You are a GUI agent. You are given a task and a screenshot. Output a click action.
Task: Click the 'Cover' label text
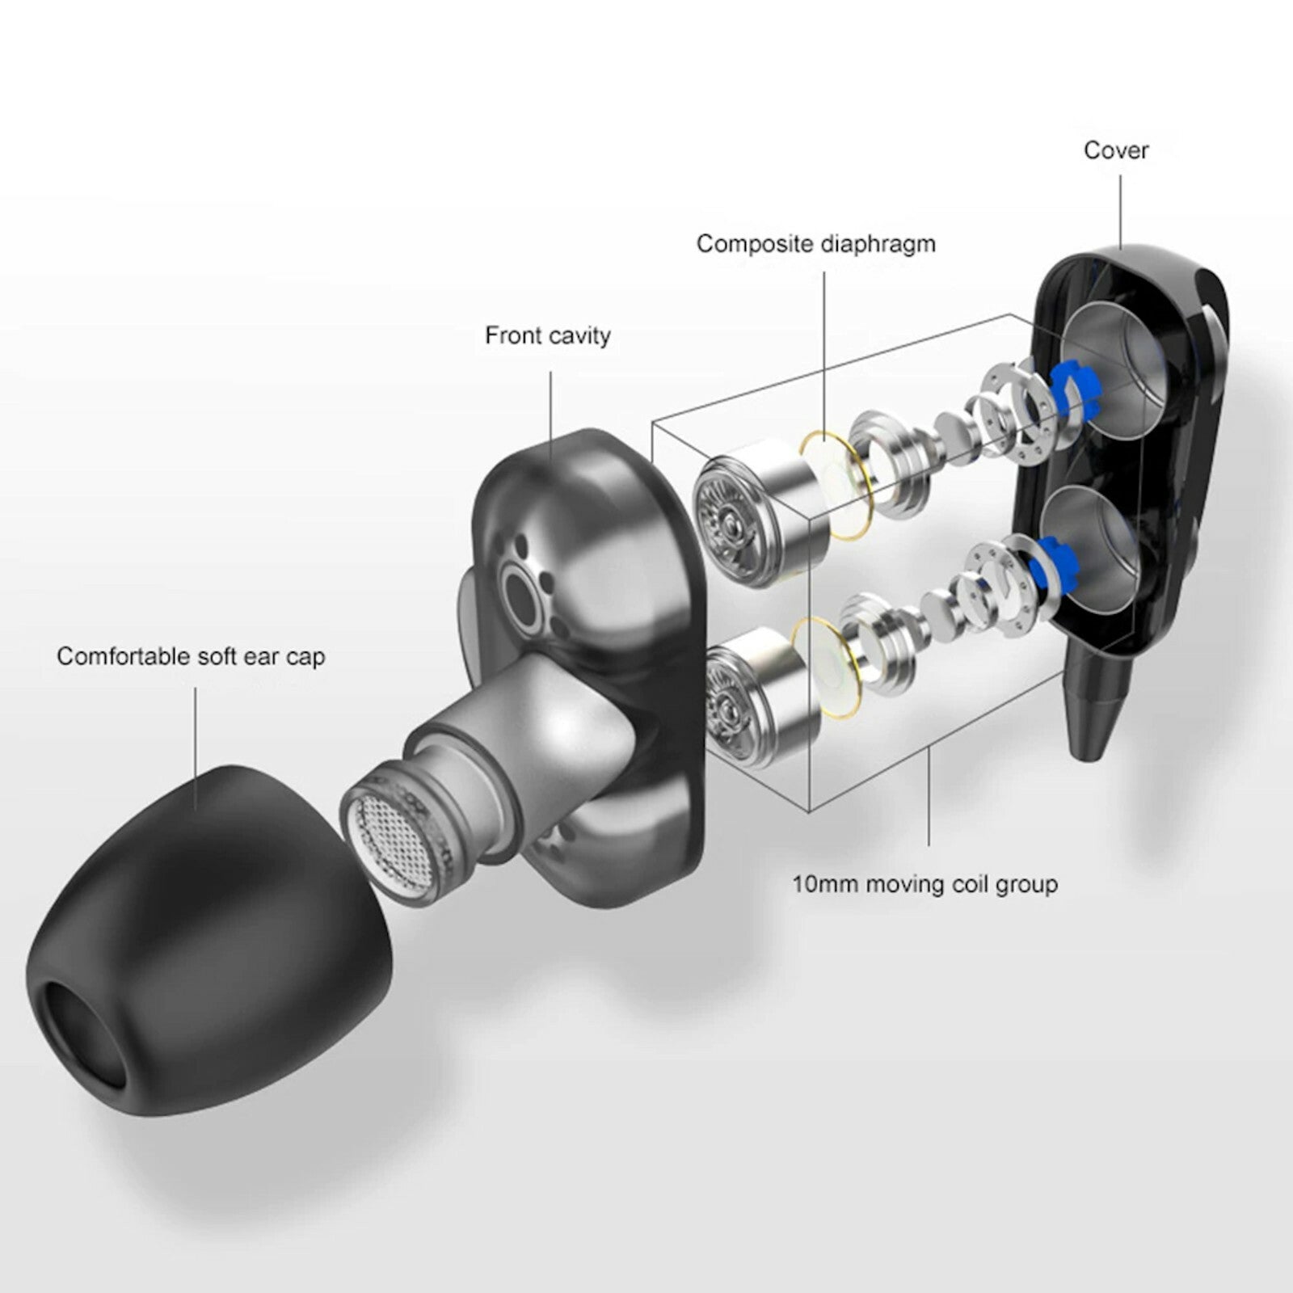(1115, 150)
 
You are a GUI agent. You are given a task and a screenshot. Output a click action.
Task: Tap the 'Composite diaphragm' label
(816, 244)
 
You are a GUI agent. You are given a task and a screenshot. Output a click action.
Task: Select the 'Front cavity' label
(547, 335)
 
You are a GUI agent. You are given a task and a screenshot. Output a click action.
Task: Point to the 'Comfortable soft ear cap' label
(191, 656)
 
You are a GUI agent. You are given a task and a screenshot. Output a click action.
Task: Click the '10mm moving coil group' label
(924, 884)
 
